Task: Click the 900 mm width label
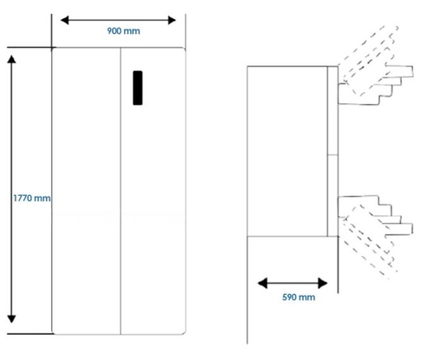123,31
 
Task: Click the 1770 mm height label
32,198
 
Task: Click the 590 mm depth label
299,297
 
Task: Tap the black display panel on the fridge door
138,88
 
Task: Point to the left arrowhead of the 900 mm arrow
65,20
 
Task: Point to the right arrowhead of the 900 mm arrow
172,20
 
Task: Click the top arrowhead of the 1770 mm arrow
11,59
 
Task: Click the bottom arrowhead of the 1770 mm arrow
11,319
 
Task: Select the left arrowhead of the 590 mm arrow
262,283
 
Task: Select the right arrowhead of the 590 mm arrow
323,283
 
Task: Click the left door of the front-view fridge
86,191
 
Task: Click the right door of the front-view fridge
153,191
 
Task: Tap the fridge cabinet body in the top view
287,151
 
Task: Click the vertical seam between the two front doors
121,191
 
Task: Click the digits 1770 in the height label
23,198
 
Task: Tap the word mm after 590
307,298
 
